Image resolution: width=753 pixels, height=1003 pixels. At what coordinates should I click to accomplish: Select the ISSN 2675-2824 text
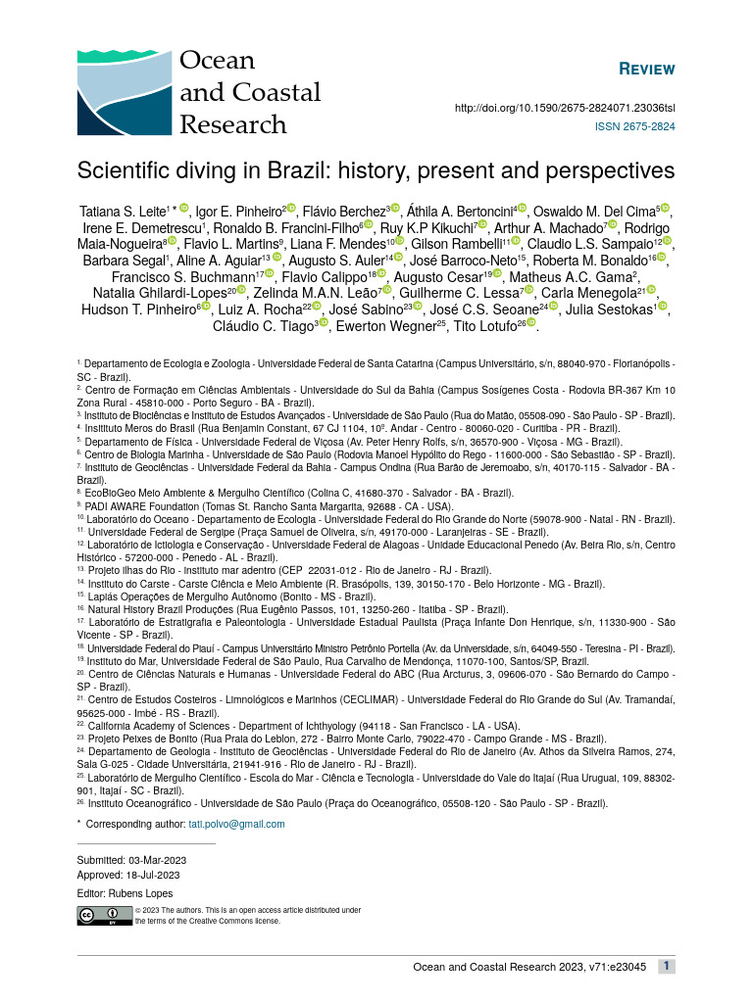[x=634, y=127]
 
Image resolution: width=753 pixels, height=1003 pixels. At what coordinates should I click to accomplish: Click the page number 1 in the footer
[x=666, y=967]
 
